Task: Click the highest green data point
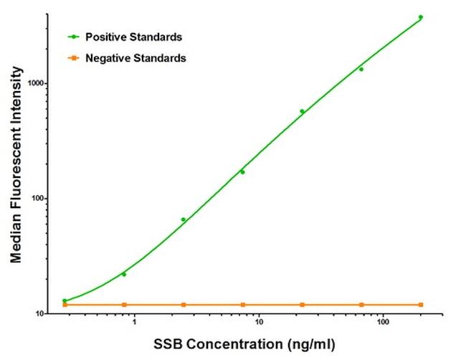(x=421, y=17)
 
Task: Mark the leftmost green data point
(x=65, y=300)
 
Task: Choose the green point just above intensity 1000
(x=361, y=70)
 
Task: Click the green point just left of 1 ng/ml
(x=124, y=274)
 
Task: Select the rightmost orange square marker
(x=421, y=305)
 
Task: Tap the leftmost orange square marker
(x=65, y=305)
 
